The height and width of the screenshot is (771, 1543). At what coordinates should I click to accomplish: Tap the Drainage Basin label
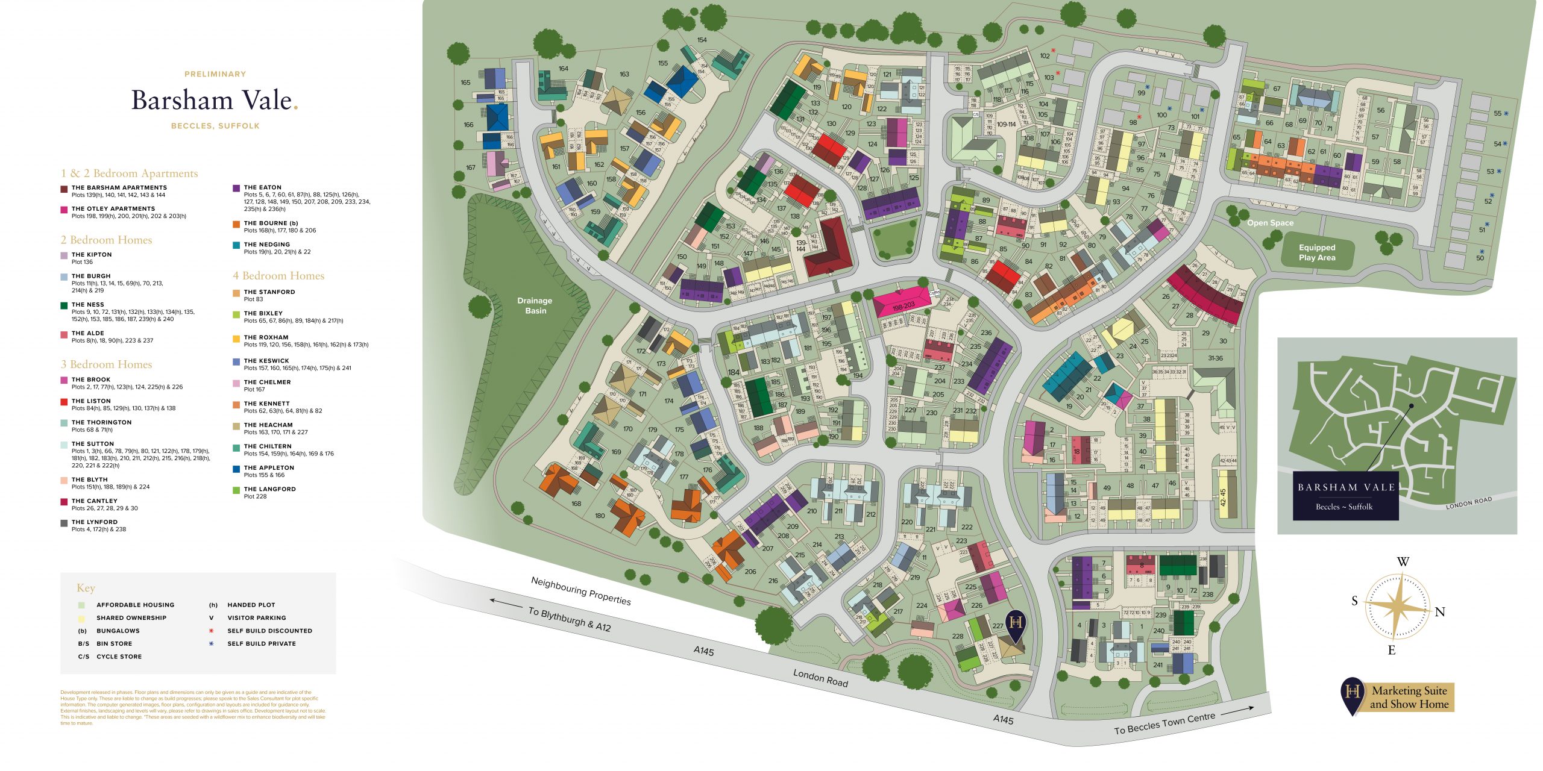tap(535, 305)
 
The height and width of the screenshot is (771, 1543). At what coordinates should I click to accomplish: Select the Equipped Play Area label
tap(1317, 252)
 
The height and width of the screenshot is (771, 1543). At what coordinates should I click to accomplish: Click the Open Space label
tap(1270, 223)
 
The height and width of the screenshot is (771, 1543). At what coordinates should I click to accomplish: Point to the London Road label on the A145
tap(820, 678)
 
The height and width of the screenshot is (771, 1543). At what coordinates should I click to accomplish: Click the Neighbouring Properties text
tap(580, 591)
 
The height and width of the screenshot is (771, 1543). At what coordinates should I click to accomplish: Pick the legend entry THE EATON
tap(262, 187)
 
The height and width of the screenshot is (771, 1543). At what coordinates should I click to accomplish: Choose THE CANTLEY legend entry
tap(94, 501)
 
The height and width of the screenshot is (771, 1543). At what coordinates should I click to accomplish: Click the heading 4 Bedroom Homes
tap(278, 276)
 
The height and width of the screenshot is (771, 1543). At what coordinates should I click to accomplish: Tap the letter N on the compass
tap(1440, 612)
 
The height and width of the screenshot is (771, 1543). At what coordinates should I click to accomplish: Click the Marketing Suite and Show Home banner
tap(1409, 698)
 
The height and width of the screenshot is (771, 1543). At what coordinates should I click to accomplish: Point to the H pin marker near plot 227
tap(1016, 624)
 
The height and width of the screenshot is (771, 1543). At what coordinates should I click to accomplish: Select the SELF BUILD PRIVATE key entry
tap(261, 643)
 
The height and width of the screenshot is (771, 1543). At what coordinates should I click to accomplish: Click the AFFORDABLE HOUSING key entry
tap(135, 605)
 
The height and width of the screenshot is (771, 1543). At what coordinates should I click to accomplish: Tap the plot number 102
tap(1045, 56)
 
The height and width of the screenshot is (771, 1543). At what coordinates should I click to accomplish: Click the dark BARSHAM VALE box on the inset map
tap(1345, 496)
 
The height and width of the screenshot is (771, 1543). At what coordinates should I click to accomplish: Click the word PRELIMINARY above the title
tap(215, 74)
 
